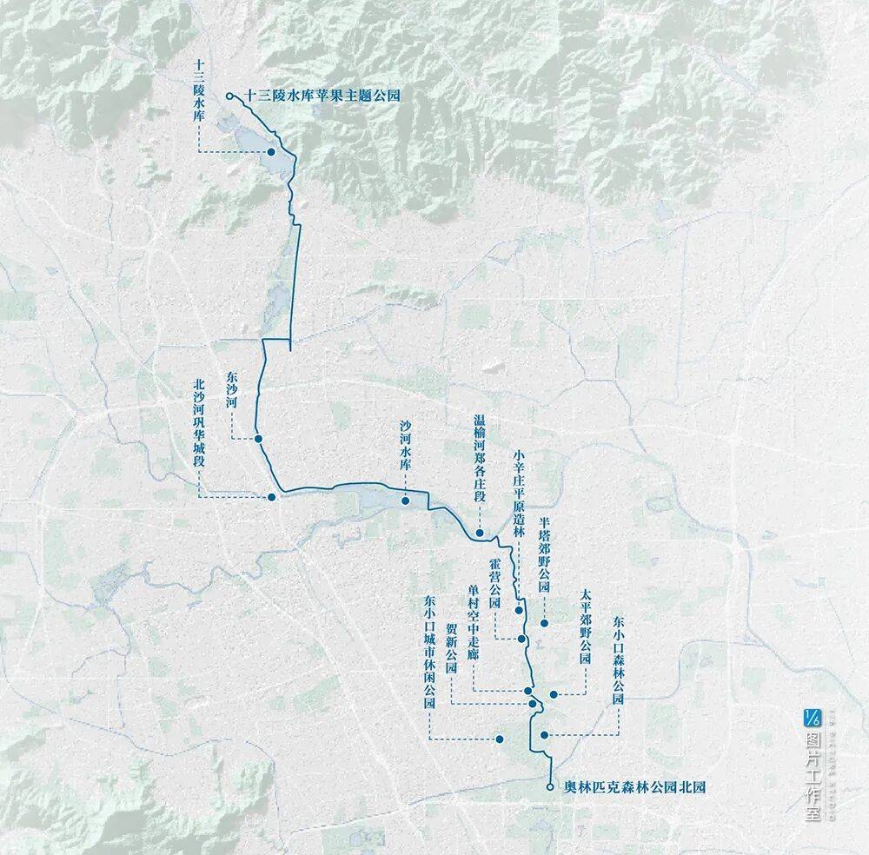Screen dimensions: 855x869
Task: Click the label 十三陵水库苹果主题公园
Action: tap(323, 96)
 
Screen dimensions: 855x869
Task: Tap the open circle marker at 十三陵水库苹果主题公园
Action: tap(229, 96)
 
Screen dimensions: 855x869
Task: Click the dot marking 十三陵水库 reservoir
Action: tap(271, 152)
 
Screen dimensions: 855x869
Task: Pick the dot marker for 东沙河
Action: tap(258, 441)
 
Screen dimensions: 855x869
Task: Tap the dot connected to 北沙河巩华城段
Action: tap(272, 497)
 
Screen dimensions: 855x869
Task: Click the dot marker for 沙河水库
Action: tap(405, 501)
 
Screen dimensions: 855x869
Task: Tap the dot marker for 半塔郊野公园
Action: tap(545, 623)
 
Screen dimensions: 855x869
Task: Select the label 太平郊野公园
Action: tap(585, 627)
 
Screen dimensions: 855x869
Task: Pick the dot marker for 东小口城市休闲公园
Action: tap(500, 739)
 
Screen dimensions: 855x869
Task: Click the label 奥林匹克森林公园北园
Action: tap(634, 787)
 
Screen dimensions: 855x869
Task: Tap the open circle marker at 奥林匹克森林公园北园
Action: tap(550, 787)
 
